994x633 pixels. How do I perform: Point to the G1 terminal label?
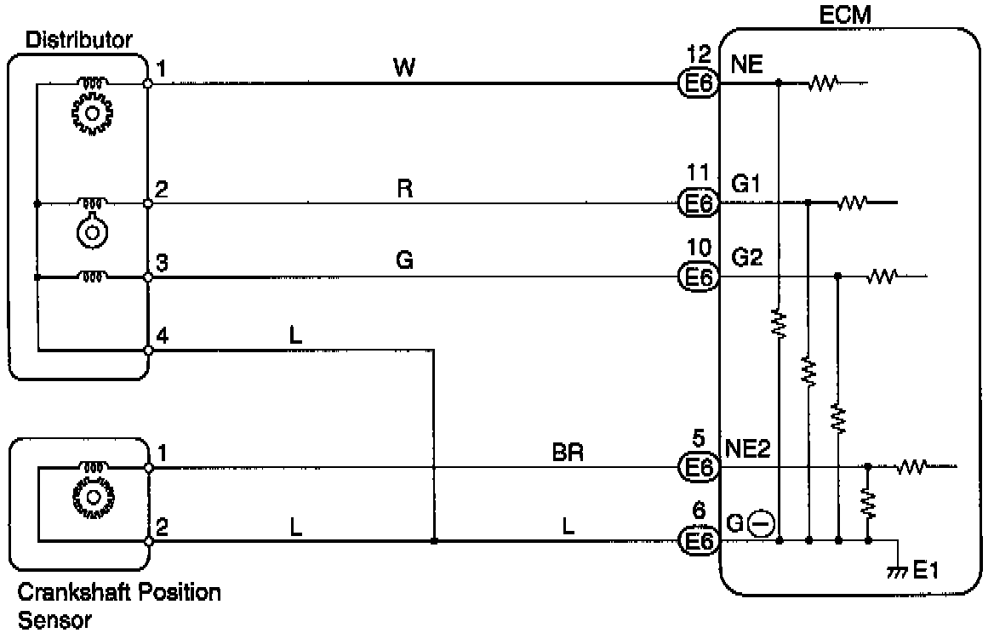click(x=745, y=185)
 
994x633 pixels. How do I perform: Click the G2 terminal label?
click(x=747, y=257)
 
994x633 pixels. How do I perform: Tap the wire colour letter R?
click(x=405, y=188)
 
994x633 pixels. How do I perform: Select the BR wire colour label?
click(x=568, y=452)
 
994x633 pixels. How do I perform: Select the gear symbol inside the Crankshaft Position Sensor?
click(x=91, y=495)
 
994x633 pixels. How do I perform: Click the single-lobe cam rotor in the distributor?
click(x=91, y=232)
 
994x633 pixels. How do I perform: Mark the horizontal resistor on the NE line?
click(x=824, y=83)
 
